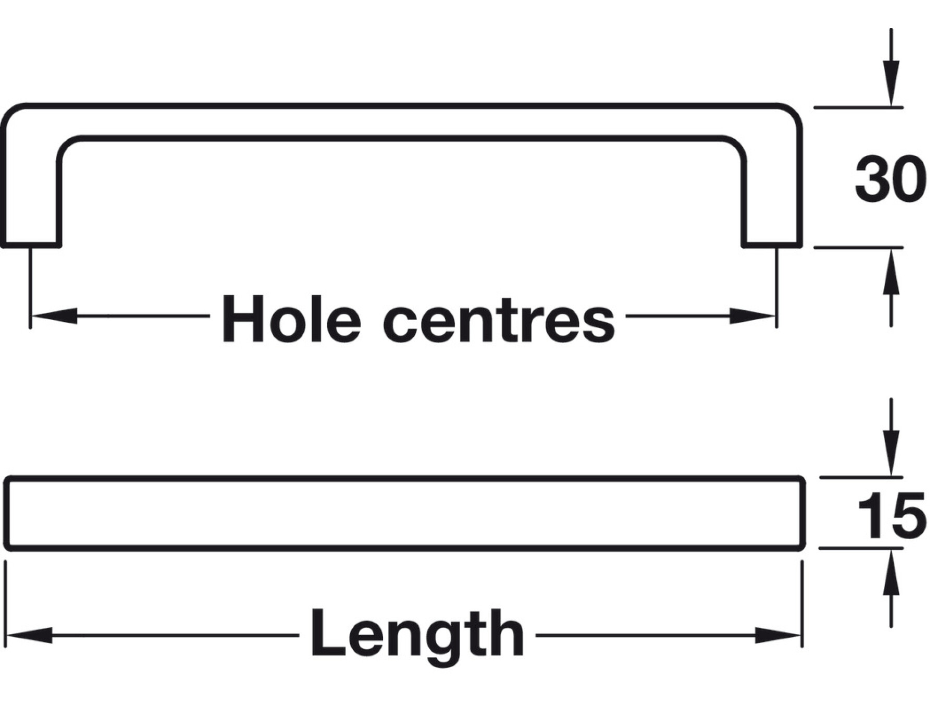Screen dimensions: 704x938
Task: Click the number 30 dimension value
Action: click(x=890, y=178)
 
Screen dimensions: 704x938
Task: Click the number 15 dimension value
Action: click(x=891, y=515)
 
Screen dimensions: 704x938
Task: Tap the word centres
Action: click(x=499, y=319)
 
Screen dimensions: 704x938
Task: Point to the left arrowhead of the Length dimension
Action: click(x=29, y=635)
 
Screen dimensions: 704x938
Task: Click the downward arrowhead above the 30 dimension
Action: click(x=891, y=83)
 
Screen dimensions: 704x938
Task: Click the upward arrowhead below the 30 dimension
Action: click(x=891, y=271)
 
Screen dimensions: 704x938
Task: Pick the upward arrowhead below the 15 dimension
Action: click(x=891, y=573)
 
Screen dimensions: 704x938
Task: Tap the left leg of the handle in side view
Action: click(x=31, y=198)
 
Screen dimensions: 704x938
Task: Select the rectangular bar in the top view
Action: click(x=404, y=513)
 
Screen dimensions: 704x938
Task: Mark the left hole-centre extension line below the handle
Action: click(x=30, y=287)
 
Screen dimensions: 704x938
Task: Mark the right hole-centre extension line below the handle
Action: click(x=776, y=287)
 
